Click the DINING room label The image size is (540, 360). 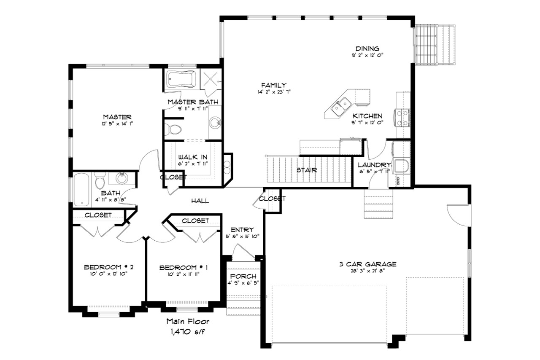tap(367, 48)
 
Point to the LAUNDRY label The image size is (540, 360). tap(374, 165)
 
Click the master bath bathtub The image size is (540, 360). tap(181, 79)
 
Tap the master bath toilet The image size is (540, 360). tap(173, 129)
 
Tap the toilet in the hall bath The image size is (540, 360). tap(100, 181)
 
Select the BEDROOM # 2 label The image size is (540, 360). tap(108, 267)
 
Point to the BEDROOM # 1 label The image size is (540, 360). tap(184, 268)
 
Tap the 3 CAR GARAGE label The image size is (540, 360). tap(367, 264)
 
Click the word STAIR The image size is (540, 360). tap(306, 170)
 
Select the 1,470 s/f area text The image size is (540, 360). tap(187, 331)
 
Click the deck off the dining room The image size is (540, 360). tap(435, 44)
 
